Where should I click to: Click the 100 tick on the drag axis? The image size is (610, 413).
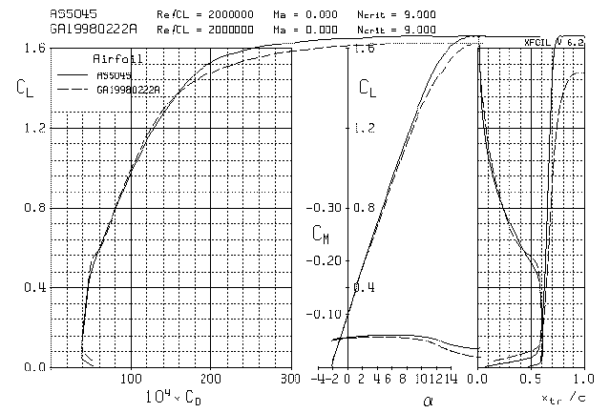pyautogui.click(x=130, y=379)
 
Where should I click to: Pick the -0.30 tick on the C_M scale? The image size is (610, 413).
pyautogui.click(x=327, y=207)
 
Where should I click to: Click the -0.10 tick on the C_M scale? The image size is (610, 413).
pyautogui.click(x=327, y=314)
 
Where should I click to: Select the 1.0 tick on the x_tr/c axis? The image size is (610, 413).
pyautogui.click(x=586, y=379)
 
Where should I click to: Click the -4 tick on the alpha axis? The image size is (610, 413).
pyautogui.click(x=318, y=379)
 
